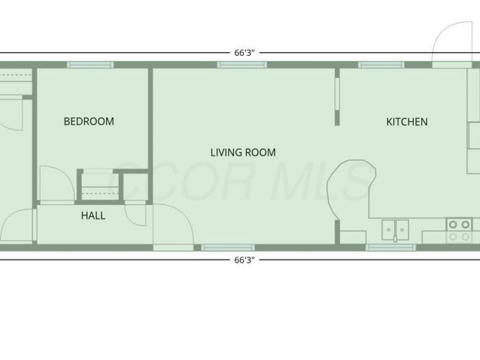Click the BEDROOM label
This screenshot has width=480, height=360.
(x=89, y=121)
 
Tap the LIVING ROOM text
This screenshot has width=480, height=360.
(x=243, y=152)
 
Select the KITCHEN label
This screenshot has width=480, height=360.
(x=407, y=122)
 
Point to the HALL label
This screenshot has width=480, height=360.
(x=93, y=215)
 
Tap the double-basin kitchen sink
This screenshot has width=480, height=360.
(x=395, y=227)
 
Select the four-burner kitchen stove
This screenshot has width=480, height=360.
(x=459, y=230)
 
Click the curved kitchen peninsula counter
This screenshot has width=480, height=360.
(x=351, y=186)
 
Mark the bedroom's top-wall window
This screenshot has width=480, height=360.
(x=91, y=65)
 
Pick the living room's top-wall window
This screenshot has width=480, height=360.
(x=242, y=65)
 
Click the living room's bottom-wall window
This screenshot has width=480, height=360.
(x=227, y=247)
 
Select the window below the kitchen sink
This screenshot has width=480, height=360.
(x=391, y=247)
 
